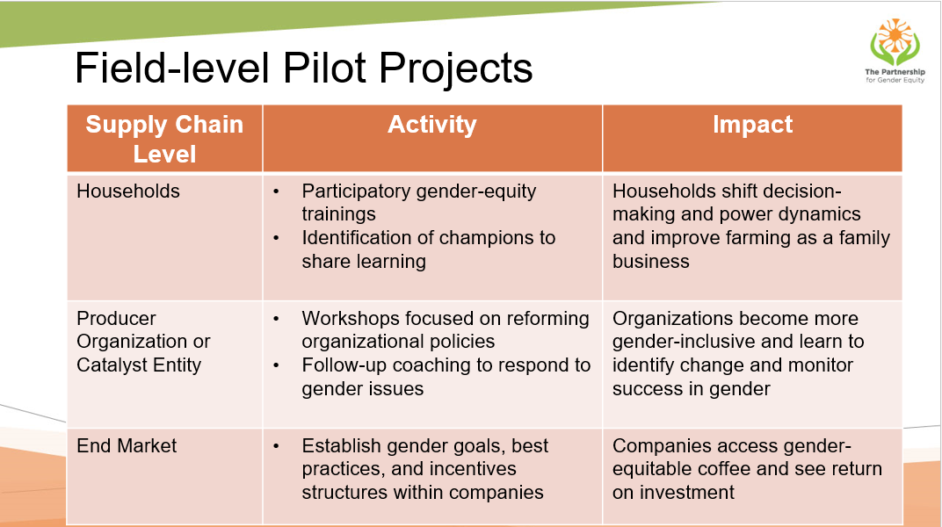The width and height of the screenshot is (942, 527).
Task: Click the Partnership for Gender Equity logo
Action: tap(895, 51)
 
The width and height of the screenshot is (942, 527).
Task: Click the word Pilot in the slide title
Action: tap(324, 68)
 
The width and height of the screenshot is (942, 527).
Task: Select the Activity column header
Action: tap(432, 124)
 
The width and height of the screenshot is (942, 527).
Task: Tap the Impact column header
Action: tap(752, 124)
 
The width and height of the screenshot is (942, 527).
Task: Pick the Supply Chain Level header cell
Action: tap(164, 139)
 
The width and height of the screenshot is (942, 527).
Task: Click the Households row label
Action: tap(128, 191)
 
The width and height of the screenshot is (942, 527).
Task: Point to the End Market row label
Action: tap(127, 445)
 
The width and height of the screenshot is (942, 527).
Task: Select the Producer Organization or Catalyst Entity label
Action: tap(143, 342)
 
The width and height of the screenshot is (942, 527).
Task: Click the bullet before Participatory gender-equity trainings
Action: tap(276, 191)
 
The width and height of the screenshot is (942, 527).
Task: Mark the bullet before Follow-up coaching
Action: tap(276, 365)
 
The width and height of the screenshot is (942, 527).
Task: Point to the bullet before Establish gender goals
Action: tap(276, 446)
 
